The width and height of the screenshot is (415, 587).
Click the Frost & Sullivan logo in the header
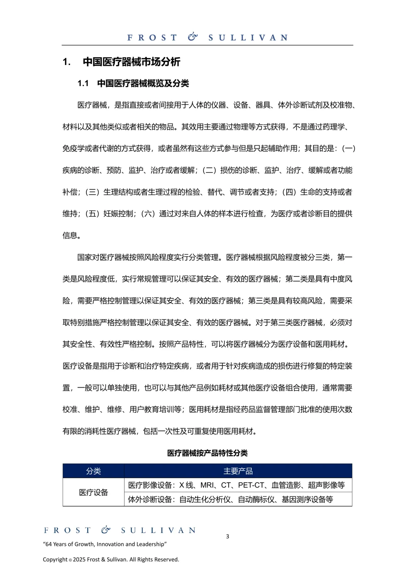[207, 37]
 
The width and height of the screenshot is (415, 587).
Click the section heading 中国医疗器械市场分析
[131, 62]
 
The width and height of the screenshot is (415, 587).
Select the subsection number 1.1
[83, 83]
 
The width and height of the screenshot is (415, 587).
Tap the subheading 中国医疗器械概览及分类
[143, 83]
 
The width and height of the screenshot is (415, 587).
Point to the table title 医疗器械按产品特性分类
[207, 453]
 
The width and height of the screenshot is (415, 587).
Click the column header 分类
[93, 471]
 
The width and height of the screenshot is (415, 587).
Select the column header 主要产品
[238, 471]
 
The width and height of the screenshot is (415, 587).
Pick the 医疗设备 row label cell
[93, 492]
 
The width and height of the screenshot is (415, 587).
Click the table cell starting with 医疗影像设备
[236, 485]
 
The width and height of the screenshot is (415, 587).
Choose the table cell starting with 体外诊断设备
[231, 499]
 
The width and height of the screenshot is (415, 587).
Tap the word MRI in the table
[207, 485]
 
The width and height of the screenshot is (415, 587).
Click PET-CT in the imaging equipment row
[251, 485]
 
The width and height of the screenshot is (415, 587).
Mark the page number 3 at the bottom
[227, 536]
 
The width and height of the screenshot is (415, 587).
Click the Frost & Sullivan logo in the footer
[120, 530]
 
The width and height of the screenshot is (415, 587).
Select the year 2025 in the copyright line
[79, 559]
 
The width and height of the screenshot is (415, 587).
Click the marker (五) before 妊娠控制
[92, 214]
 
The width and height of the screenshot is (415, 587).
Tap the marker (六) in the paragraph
[148, 214]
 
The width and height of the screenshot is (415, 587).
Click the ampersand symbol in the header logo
[193, 37]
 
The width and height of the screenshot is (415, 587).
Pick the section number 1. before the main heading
[66, 62]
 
